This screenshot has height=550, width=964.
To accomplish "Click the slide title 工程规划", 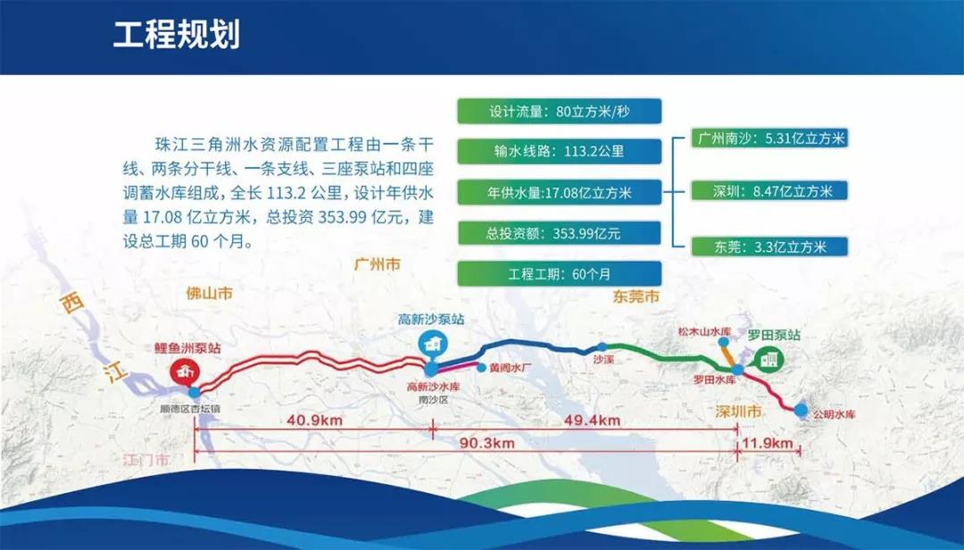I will click(176, 35).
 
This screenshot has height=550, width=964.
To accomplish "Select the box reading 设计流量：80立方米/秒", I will click(559, 112).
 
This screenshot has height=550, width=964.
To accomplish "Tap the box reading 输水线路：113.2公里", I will click(559, 151).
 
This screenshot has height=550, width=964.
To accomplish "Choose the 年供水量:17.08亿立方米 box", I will click(559, 191).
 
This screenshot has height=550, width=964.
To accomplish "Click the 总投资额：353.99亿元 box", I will click(559, 232).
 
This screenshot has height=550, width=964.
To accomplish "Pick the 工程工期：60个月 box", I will click(559, 272).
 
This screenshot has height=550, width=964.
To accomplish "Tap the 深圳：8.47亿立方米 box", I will click(769, 191).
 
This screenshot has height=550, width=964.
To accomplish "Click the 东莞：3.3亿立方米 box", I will click(769, 246).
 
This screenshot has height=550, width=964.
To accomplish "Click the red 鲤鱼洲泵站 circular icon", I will click(185, 371).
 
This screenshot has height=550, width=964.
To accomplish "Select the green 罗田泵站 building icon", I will click(768, 358).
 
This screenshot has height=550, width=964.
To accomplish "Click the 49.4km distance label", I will click(594, 421).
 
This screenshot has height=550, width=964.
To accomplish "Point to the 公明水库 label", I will click(831, 415).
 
